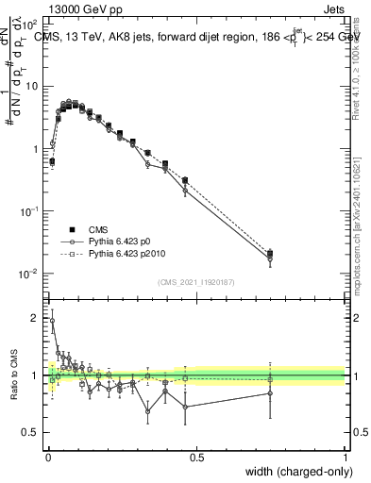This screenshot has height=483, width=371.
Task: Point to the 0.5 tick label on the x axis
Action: click(196, 457)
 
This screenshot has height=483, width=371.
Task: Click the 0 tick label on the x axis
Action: click(47, 457)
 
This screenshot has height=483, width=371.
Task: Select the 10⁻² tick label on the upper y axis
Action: click(29, 275)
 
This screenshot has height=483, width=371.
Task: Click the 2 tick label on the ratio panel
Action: click(37, 318)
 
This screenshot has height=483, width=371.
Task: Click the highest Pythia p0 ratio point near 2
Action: click(52, 321)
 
